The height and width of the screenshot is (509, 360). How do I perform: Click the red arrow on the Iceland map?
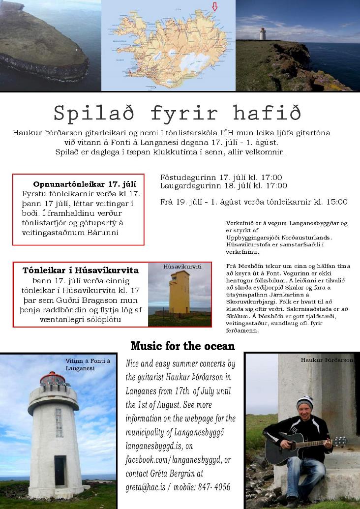pos(214,6)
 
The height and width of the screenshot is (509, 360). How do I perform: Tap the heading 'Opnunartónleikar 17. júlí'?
pos(85,184)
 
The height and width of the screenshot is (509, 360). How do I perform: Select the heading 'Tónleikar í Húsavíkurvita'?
pos(81,270)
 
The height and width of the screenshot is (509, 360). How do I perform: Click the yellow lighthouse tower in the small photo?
pos(180,293)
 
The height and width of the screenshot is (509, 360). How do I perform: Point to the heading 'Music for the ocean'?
pos(182,346)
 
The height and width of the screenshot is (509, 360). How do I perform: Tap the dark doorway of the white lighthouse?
pos(60,471)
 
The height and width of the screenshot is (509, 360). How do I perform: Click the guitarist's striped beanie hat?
pos(305,402)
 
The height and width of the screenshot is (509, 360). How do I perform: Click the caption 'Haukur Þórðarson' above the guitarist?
pos(327,360)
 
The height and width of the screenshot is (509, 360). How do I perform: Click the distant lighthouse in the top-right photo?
pos(263,33)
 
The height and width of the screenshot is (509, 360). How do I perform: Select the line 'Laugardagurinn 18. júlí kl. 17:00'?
pos(223,186)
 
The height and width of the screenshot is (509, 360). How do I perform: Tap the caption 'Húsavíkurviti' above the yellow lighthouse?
pos(182,267)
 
